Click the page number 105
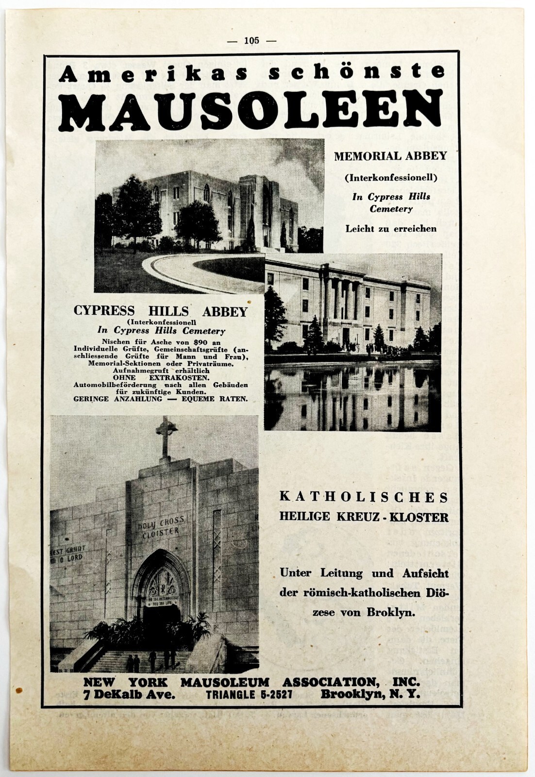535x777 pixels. (x=251, y=41)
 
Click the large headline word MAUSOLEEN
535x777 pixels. (x=252, y=110)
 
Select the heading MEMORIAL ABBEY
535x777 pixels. (x=390, y=156)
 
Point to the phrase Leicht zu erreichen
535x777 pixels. (x=391, y=228)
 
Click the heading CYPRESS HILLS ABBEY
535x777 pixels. (x=160, y=312)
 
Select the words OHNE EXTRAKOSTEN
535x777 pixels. (x=161, y=377)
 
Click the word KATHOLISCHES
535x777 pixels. (x=364, y=497)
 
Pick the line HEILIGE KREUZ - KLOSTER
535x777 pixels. (x=364, y=517)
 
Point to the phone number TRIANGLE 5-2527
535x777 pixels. (x=249, y=694)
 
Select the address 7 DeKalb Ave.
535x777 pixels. (x=129, y=694)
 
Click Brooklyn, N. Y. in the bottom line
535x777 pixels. (x=370, y=694)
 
